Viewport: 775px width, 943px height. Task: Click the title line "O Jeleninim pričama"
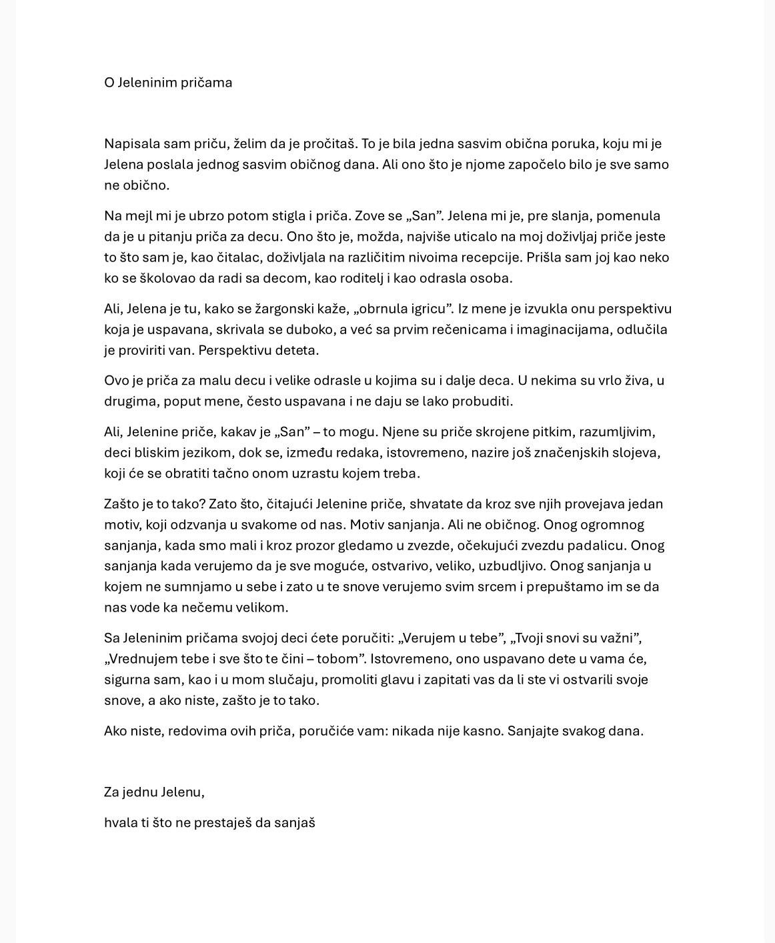tap(168, 83)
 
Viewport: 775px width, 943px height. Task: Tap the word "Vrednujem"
tap(142, 658)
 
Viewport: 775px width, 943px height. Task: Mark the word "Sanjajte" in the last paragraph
tap(533, 730)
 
